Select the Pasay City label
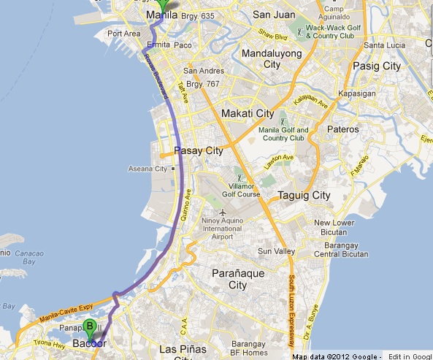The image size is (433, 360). click(198, 152)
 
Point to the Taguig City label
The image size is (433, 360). click(304, 196)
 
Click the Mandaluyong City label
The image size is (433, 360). click(261, 58)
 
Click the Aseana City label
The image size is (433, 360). click(150, 169)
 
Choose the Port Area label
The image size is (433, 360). click(123, 34)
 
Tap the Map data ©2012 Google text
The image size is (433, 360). click(337, 356)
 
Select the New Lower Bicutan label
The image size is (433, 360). click(334, 228)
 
